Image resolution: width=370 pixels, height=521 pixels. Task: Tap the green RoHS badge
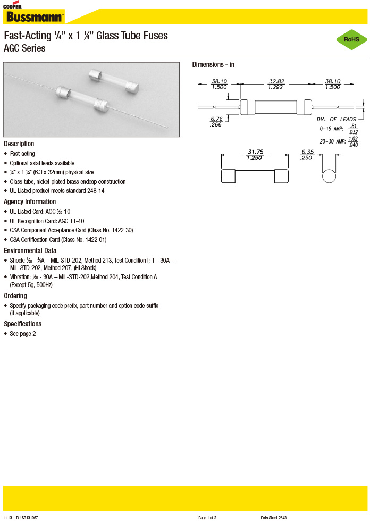351,40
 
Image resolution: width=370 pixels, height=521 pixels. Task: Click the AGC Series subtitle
24,48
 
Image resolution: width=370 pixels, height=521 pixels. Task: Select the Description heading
19,144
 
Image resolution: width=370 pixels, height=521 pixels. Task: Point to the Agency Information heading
30,201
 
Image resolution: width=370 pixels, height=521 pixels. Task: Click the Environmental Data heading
30,250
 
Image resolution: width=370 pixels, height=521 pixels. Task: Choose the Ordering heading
15,296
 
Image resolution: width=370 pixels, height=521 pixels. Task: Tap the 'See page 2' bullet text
23,334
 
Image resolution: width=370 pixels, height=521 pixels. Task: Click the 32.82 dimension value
276,81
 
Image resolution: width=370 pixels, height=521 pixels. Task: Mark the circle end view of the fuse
329,176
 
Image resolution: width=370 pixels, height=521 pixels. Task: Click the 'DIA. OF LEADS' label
337,119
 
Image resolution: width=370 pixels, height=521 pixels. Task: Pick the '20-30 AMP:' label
333,141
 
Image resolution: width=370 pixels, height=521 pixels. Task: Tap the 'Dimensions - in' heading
213,64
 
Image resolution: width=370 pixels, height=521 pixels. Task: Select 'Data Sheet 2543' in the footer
274,517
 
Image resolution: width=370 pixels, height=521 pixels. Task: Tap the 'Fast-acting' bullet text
22,154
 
